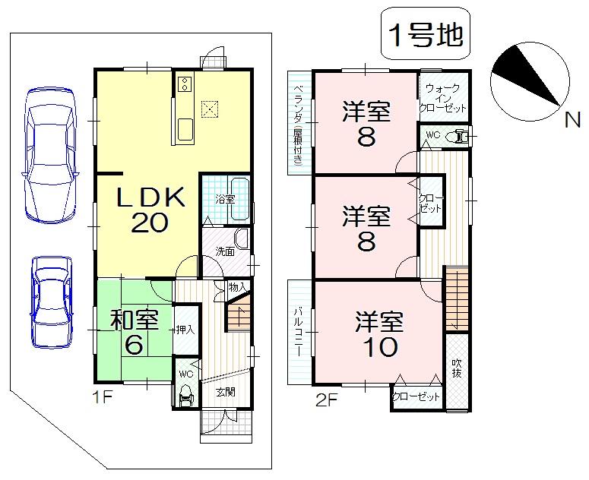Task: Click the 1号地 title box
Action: point(426,36)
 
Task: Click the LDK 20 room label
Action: point(150,211)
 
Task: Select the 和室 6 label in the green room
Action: point(134,333)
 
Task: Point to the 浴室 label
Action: point(224,199)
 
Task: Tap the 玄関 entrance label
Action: point(224,393)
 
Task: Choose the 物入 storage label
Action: point(236,288)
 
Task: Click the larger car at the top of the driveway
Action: point(50,154)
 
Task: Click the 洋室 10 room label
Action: point(378,335)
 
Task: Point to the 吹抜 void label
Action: point(456,368)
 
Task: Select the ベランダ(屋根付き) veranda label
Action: point(299,122)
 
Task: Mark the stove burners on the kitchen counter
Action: point(183,85)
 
